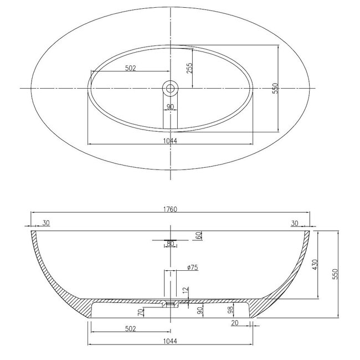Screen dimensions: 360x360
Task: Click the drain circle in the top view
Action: tap(170, 88)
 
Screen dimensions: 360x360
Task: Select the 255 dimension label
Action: tap(189, 68)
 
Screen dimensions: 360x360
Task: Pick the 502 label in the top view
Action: tap(131, 68)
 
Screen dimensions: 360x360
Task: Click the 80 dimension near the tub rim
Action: tap(170, 244)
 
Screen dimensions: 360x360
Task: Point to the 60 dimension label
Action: tap(198, 235)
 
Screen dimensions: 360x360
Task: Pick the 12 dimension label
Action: tap(186, 290)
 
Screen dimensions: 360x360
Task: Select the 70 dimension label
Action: tap(141, 311)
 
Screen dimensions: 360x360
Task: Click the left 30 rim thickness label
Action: tap(45, 223)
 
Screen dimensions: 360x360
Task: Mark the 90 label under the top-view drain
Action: tap(170, 107)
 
